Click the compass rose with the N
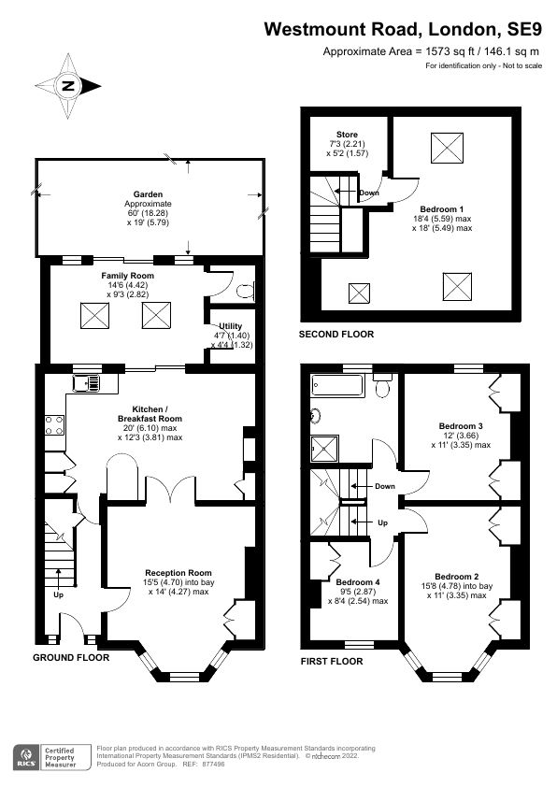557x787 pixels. coord(67,86)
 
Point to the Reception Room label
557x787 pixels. coord(178,572)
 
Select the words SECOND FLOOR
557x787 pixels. coord(336,334)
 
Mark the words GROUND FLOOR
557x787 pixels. coord(71,658)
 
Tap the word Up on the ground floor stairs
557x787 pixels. coord(59,594)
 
